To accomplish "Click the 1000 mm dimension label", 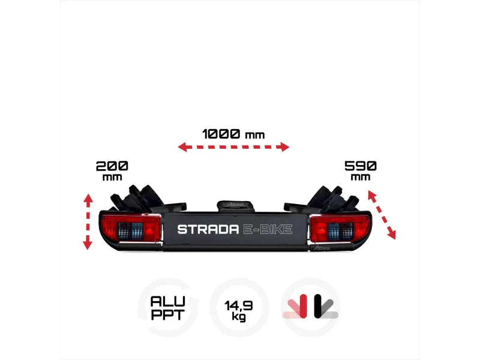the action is point(233,134).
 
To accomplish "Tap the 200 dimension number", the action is point(112,166).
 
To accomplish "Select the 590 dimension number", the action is point(361,166).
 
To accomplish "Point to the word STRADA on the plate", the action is point(208,229).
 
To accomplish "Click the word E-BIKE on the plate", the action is point(268,229).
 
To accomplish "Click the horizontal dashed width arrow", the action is point(233,147).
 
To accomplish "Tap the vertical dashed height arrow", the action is point(88,221).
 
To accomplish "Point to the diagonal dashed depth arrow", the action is point(382,215).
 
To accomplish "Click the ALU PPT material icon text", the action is point(168,308).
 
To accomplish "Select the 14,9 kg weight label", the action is point(239,310).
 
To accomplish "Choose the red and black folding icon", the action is point(311,307).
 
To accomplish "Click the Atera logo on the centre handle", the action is point(236,205).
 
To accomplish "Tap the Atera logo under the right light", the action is point(322,248).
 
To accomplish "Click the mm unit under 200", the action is point(112,177).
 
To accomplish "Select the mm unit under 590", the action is point(361,177).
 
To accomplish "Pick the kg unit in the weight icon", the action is point(239,317).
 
